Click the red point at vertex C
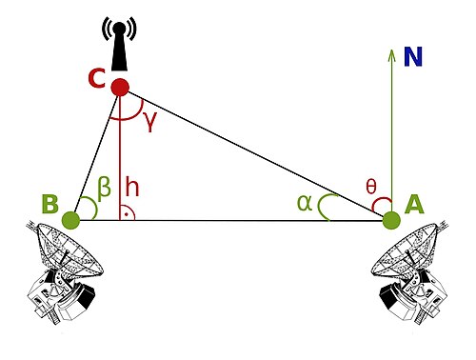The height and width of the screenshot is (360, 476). tap(120, 88)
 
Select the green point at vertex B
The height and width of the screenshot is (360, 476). tap(70, 221)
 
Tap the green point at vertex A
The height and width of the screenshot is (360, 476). tap(390, 221)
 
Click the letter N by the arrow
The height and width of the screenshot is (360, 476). tap(412, 57)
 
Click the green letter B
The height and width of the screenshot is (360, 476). tap(50, 204)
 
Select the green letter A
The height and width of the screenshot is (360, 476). tap(414, 204)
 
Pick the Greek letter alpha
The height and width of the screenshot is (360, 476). tap(304, 202)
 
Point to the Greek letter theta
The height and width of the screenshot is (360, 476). tap(372, 187)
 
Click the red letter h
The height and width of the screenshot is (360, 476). tap(131, 187)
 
